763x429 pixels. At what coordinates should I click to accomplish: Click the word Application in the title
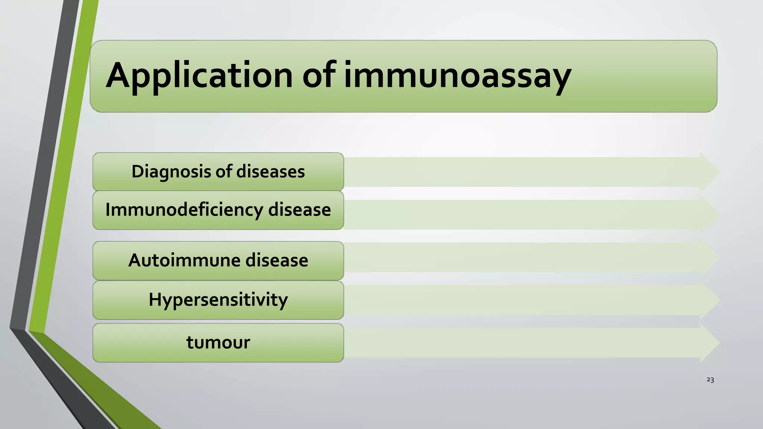coord(199,76)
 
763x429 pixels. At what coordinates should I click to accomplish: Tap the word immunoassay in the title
coord(457,76)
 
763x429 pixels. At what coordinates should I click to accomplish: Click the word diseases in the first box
coord(270,172)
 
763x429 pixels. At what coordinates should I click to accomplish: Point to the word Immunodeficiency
coord(184,210)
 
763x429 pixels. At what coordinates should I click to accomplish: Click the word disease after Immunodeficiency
coord(300,210)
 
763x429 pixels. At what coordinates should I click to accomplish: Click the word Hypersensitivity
coord(218,300)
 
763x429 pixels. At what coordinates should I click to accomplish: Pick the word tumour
coord(218,343)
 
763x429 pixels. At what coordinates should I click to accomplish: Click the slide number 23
coord(710,380)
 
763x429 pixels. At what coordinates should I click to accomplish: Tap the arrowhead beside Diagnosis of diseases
coord(709,172)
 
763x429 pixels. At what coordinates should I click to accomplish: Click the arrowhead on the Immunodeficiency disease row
coord(709,215)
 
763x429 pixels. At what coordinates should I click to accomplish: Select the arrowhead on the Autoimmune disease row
coord(709,257)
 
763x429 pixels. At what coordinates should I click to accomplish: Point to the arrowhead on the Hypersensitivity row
coord(709,300)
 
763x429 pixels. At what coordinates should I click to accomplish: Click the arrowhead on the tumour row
coord(709,343)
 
